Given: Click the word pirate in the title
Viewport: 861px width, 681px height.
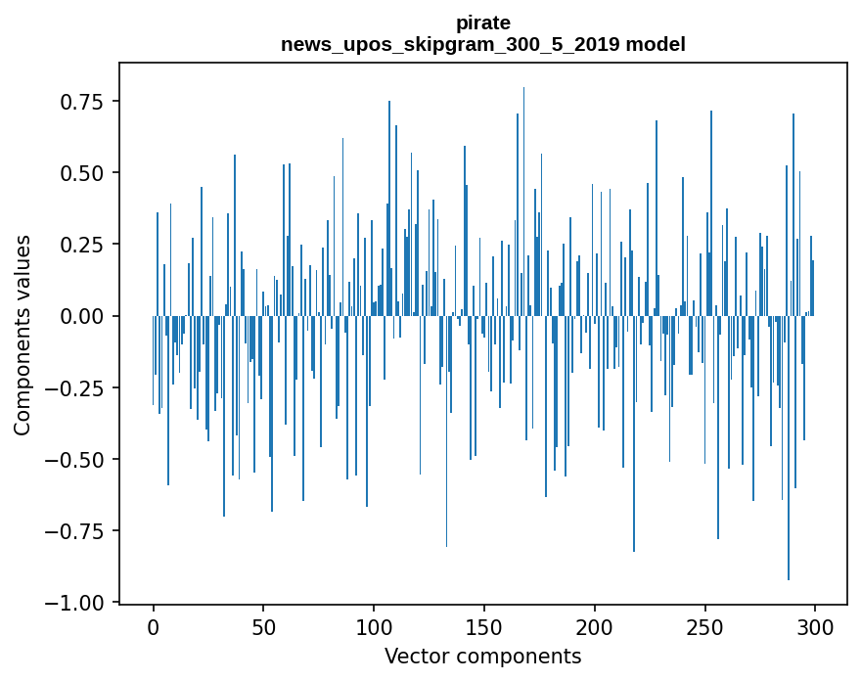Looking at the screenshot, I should point(483,23).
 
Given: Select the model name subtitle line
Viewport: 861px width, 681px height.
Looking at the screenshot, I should point(483,45).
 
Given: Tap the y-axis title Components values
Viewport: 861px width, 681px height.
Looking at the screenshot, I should point(23,335).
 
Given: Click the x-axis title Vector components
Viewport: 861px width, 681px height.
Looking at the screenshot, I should point(483,657).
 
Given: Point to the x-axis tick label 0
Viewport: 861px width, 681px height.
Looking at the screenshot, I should point(154,627).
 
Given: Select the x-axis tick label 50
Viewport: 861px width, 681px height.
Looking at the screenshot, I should point(263,627).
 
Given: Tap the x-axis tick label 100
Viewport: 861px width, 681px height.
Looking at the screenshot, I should point(374,627).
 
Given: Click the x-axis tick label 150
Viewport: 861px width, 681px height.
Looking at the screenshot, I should point(484,627).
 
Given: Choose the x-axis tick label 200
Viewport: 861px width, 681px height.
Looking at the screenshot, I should point(595,627).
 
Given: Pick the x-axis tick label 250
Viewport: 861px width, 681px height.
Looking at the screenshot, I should point(704,627).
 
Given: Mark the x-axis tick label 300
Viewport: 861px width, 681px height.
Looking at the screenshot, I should point(815,627).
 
